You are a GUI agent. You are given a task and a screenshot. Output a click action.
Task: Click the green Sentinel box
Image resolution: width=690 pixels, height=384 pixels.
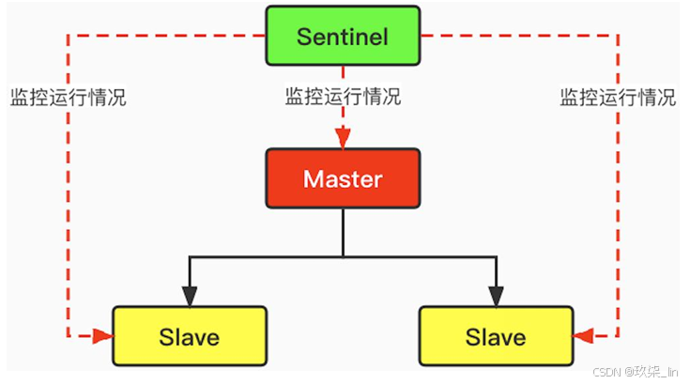(343, 37)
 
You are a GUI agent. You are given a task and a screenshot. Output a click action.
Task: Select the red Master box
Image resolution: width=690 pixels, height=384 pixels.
(343, 178)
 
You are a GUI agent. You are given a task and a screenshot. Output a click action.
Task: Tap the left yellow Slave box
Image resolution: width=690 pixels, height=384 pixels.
(189, 335)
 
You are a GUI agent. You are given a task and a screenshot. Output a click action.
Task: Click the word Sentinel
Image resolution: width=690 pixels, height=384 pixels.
(343, 37)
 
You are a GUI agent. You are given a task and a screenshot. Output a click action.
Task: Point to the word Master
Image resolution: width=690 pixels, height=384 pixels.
(343, 178)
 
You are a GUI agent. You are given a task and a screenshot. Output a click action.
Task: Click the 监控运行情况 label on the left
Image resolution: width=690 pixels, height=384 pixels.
(68, 97)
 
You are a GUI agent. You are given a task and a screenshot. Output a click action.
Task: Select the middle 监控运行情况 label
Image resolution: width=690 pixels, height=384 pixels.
(343, 97)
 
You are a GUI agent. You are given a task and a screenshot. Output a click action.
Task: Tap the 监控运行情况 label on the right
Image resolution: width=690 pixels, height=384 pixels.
(618, 97)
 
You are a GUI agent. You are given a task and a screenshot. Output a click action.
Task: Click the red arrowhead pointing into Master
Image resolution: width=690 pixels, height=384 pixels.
(343, 140)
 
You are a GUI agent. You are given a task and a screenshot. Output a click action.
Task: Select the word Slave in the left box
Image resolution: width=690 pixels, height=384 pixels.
(189, 336)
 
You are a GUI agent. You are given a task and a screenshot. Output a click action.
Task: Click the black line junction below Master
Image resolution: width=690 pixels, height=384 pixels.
(343, 255)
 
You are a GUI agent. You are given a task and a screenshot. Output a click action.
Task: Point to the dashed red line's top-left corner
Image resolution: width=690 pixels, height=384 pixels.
(69, 38)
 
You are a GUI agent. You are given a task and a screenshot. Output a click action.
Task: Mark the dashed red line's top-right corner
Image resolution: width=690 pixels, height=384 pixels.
(617, 38)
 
